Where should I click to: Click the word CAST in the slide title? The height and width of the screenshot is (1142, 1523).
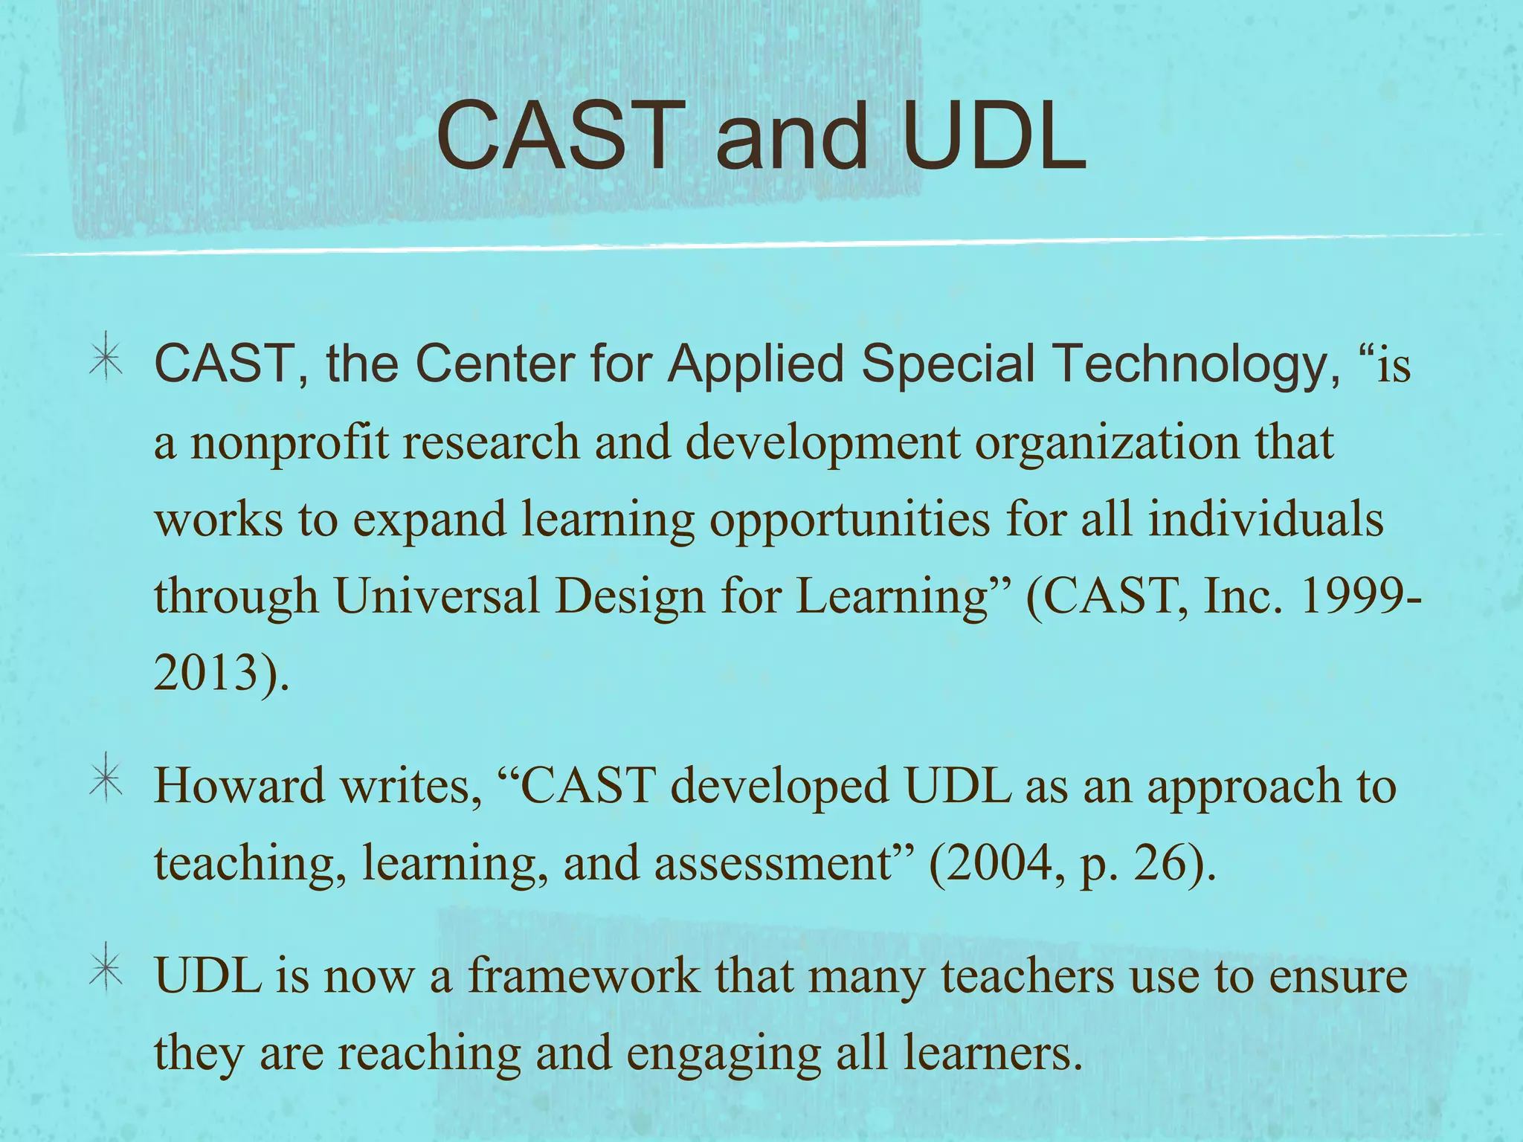pos(562,137)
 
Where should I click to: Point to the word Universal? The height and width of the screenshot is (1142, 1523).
pos(437,596)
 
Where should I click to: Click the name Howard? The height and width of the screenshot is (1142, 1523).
pos(239,786)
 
